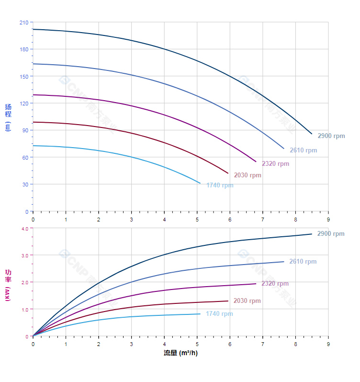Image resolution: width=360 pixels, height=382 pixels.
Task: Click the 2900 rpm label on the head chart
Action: (331, 136)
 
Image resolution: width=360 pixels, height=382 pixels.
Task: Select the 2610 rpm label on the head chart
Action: (303, 150)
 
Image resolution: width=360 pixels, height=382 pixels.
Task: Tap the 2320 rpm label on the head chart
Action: (275, 163)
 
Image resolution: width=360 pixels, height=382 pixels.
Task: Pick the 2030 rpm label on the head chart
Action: (247, 175)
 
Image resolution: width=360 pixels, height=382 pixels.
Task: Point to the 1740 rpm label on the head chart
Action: (220, 185)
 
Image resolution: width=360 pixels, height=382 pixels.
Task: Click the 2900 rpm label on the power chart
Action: (331, 234)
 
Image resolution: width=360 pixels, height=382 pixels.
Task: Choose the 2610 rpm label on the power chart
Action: (303, 262)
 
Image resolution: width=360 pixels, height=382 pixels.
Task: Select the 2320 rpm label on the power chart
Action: (275, 284)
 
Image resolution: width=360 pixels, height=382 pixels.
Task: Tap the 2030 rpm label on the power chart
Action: (247, 301)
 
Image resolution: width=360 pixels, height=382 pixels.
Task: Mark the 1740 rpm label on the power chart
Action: (219, 314)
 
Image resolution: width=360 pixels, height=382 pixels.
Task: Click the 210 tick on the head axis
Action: (23, 23)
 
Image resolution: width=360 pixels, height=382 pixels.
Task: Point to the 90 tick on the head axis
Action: (24, 130)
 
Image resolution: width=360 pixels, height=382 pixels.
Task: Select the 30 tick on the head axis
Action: (24, 185)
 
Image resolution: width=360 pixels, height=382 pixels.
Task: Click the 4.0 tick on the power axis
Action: (25, 229)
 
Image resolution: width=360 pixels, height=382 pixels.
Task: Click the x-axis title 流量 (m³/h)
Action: (180, 353)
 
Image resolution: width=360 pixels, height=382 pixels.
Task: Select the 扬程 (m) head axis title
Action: (8, 117)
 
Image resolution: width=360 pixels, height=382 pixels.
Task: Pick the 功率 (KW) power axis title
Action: (8, 285)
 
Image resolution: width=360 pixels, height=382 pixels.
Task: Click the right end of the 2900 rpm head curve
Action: (312, 134)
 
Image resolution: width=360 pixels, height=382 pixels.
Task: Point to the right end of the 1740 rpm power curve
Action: (200, 314)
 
